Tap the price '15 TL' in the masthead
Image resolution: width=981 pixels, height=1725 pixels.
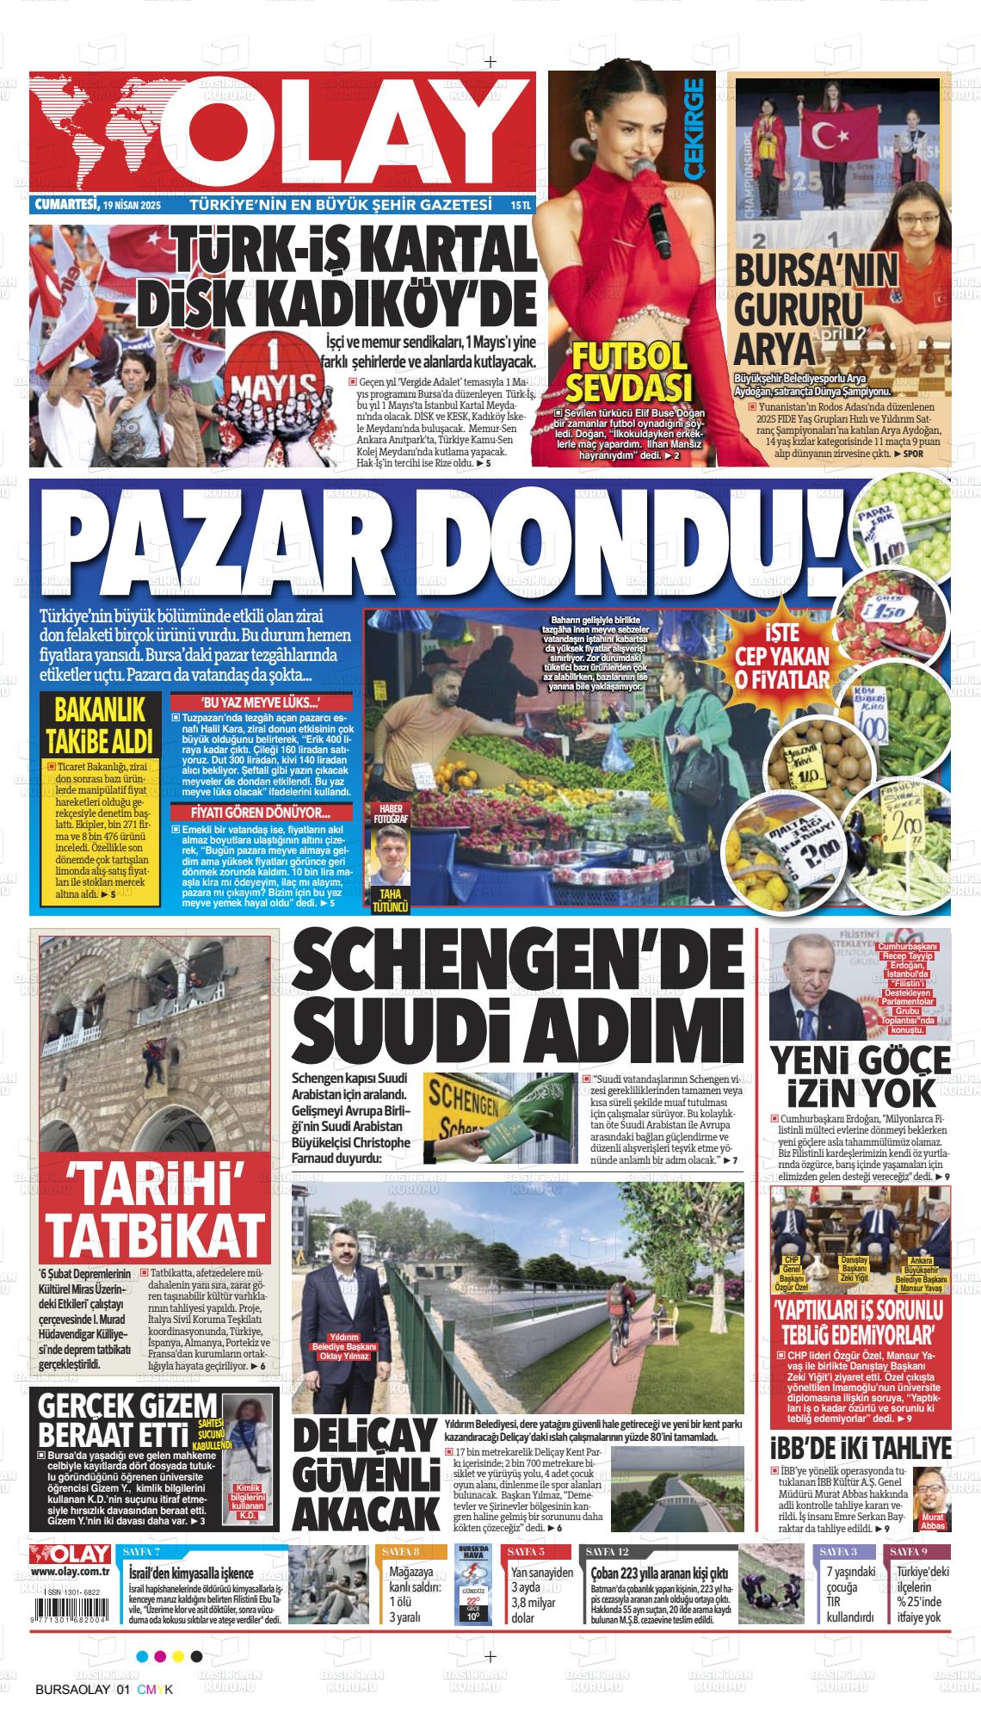(521, 207)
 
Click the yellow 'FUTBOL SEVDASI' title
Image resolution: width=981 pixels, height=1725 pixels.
(629, 369)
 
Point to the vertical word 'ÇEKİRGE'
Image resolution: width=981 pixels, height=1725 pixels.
(694, 129)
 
